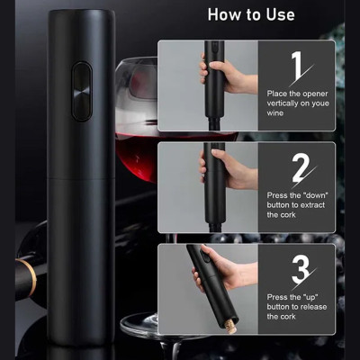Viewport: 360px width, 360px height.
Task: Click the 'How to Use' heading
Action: pos(251,14)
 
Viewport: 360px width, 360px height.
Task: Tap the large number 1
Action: pos(297,67)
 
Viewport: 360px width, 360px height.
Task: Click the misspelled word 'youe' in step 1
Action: pos(319,103)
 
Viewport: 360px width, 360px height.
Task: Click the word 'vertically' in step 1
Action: pos(283,103)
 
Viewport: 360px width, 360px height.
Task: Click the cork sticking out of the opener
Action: pos(230,327)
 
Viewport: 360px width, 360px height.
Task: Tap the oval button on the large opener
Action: pos(82,91)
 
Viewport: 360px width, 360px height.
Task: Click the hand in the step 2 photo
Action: pos(229,168)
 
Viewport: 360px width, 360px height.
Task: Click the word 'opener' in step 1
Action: pos(315,94)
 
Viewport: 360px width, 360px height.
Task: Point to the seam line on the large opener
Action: pos(81,179)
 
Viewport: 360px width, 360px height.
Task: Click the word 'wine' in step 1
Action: pos(275,113)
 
